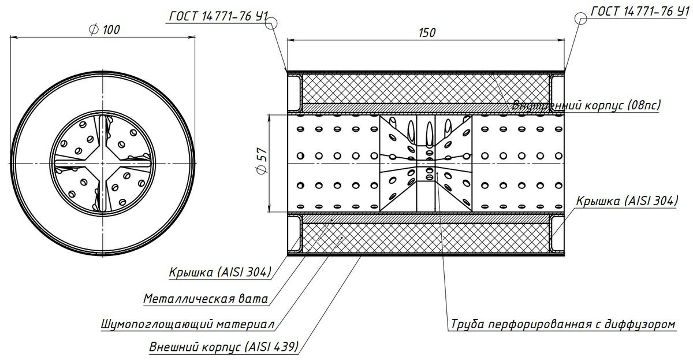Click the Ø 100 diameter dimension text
(x=105, y=30)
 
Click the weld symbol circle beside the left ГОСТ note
(x=272, y=21)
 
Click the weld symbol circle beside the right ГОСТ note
(x=580, y=19)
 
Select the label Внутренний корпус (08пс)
(x=586, y=105)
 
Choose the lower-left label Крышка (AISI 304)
(x=220, y=272)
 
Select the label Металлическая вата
(x=206, y=299)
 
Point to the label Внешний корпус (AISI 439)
(x=223, y=347)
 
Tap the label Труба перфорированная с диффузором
(x=562, y=324)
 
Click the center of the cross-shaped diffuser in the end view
(x=104, y=164)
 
